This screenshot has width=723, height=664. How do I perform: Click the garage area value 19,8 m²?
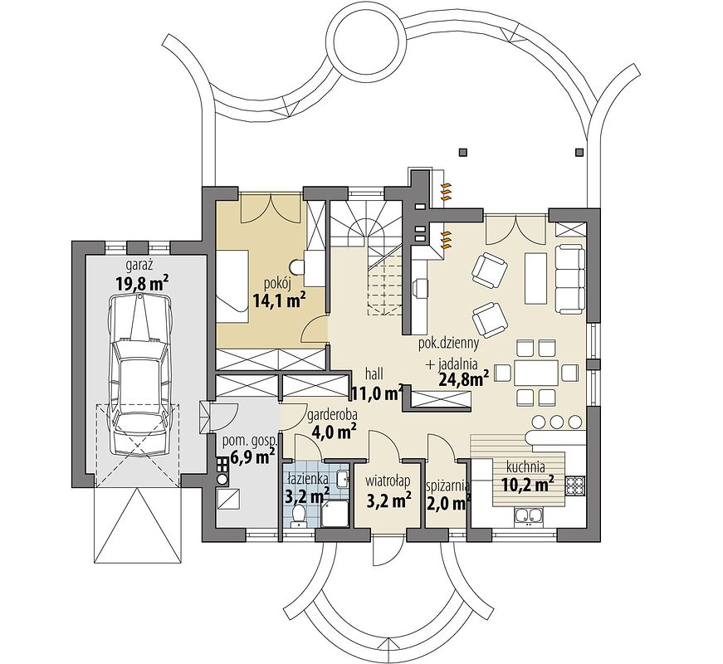click(x=142, y=283)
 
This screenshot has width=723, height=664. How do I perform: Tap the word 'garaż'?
click(x=139, y=265)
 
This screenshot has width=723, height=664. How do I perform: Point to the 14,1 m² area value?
click(x=280, y=300)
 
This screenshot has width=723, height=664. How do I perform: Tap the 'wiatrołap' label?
click(x=388, y=482)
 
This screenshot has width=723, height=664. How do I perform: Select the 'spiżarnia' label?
click(x=447, y=486)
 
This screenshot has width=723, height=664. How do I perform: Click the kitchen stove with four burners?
click(x=574, y=485)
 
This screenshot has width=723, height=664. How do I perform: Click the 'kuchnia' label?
click(x=525, y=467)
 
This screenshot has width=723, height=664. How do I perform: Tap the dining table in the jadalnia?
click(x=536, y=373)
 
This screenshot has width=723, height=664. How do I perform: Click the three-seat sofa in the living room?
click(x=569, y=280)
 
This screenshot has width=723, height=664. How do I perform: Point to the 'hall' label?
click(x=374, y=373)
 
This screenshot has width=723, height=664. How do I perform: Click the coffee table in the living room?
click(x=535, y=279)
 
